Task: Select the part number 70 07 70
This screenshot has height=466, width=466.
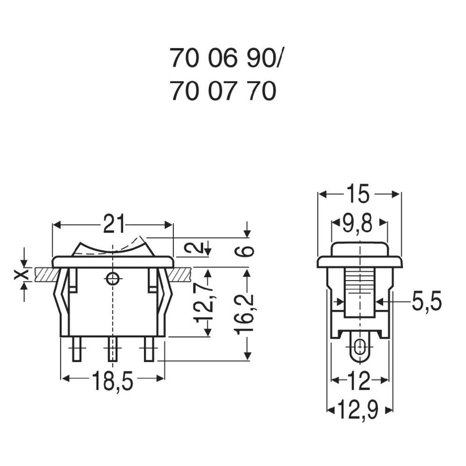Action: point(223,91)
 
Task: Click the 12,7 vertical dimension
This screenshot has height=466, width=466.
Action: point(204,302)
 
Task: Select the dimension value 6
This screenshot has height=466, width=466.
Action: point(247,251)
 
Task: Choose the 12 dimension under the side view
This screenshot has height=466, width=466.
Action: point(358,382)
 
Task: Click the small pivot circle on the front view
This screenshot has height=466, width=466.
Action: point(112,279)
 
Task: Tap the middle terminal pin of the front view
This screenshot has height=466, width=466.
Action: point(112,349)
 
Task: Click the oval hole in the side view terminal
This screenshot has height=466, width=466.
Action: point(359,348)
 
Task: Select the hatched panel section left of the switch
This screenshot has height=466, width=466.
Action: point(44,274)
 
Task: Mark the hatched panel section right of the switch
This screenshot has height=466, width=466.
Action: point(181,274)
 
